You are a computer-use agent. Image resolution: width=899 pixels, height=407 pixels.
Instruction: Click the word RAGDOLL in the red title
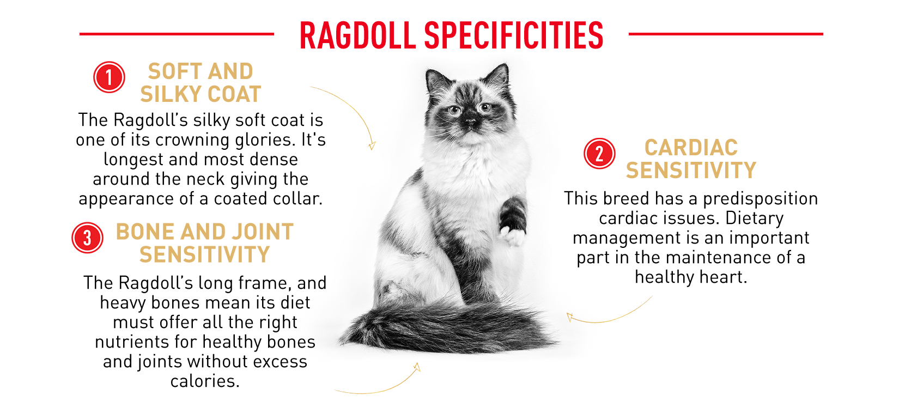coord(357,35)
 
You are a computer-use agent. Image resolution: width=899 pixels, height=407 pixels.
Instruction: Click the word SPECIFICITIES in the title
coord(514,35)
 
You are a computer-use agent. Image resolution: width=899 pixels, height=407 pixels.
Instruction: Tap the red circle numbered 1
coord(109,77)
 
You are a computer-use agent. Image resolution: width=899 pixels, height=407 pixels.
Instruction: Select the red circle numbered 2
coord(599,154)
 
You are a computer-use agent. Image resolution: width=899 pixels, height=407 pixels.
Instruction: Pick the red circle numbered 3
coord(87,238)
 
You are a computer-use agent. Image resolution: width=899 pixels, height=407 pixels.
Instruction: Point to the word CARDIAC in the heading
coord(691,148)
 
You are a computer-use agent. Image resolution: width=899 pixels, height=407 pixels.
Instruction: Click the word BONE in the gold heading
coord(145,232)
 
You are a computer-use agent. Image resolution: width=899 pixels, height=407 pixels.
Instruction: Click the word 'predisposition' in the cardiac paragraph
coord(760,199)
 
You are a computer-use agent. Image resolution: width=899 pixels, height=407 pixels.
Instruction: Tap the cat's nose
coord(470,121)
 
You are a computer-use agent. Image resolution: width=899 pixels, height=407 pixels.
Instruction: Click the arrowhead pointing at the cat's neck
coord(372,145)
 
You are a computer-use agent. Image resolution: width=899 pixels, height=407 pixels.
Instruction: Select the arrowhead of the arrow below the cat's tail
coord(417,367)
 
